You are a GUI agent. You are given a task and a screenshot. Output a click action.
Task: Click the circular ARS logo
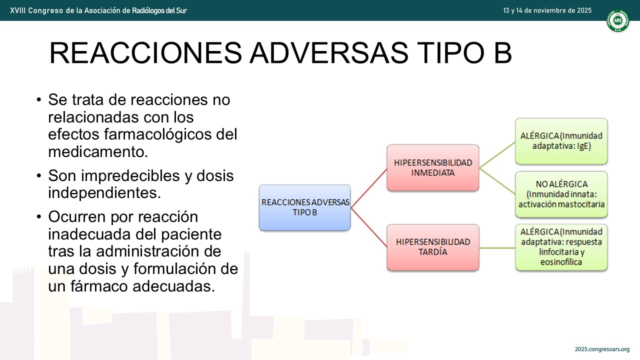click(617, 20)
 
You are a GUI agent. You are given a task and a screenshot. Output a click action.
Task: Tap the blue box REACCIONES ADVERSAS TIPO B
click(305, 207)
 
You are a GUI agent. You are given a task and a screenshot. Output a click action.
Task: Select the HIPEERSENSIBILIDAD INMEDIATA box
click(433, 167)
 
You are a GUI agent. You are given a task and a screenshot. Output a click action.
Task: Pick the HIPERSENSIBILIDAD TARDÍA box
click(433, 247)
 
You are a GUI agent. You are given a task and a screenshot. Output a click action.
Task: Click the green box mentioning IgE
click(561, 141)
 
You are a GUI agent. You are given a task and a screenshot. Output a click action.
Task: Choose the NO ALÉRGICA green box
click(561, 194)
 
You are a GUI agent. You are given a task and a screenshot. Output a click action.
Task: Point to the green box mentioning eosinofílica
click(561, 247)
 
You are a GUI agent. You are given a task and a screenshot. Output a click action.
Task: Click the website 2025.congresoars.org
click(602, 349)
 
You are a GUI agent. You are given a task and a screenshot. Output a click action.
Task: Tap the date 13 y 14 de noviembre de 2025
click(547, 10)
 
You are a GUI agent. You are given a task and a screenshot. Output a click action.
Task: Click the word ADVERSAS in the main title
click(329, 53)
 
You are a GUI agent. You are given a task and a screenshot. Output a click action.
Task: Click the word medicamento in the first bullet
click(98, 151)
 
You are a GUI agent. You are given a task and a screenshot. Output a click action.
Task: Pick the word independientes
click(104, 193)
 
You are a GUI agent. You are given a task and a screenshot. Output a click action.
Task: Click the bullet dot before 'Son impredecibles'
click(39, 175)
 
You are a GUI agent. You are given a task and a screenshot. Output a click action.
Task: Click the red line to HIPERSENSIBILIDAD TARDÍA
click(369, 227)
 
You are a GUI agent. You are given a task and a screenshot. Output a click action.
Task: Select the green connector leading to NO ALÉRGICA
click(497, 181)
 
